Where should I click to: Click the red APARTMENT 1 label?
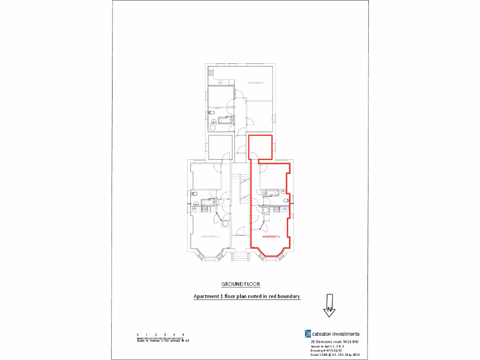[270, 237]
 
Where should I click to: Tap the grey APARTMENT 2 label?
[210, 237]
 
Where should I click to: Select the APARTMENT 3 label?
[256, 83]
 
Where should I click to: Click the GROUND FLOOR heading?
[240, 284]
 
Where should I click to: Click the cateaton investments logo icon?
[307, 334]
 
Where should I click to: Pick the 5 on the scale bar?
[183, 334]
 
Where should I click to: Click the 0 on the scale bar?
[138, 334]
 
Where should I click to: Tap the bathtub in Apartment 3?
[226, 120]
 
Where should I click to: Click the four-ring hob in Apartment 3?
[211, 73]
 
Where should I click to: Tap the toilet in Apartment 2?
[195, 193]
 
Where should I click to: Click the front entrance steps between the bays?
[240, 256]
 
